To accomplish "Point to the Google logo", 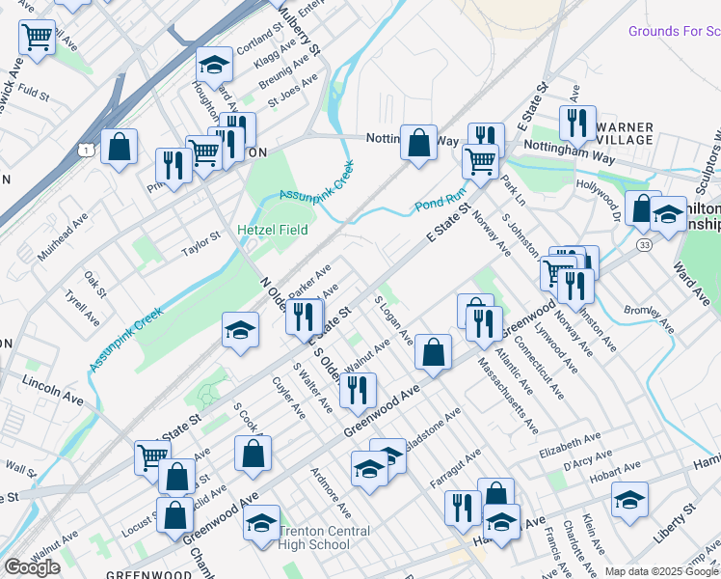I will pos(32,567).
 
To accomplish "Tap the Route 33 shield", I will pos(642,246).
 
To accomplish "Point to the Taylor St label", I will pos(202,250).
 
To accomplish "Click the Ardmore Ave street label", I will pos(329,492).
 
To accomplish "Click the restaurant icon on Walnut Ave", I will pos(357,389).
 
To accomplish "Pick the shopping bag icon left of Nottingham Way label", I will pos(419,142).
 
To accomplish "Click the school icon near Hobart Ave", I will pos(629,499).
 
